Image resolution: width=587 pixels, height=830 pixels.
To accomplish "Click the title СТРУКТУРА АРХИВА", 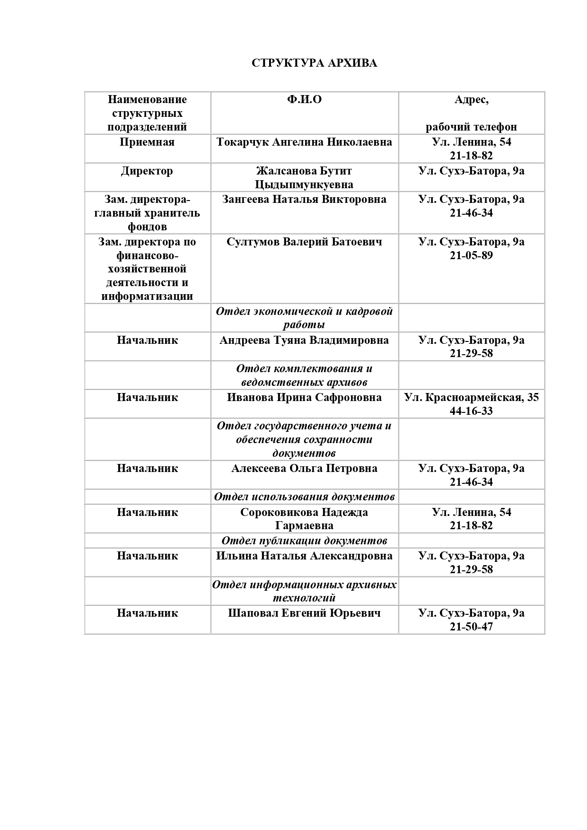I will pyautogui.click(x=314, y=63).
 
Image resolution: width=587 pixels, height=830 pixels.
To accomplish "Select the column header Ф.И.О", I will pyautogui.click(x=304, y=99).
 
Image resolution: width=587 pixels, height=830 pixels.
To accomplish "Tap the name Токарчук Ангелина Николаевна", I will pyautogui.click(x=304, y=142).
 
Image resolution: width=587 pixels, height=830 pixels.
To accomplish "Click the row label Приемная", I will pyautogui.click(x=147, y=142).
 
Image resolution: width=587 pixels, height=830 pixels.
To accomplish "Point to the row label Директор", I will pyautogui.click(x=147, y=171).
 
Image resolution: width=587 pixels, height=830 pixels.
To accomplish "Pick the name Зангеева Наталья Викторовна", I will pyautogui.click(x=304, y=199).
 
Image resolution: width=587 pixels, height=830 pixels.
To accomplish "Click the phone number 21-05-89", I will pyautogui.click(x=471, y=255).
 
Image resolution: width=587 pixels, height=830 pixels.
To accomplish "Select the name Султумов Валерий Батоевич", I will pyautogui.click(x=304, y=242).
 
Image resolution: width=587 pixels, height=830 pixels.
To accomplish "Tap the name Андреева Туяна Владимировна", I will pyautogui.click(x=304, y=340).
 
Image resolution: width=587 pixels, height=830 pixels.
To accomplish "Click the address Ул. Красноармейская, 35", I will pyautogui.click(x=471, y=397).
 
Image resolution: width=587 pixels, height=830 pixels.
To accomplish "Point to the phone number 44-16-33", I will pyautogui.click(x=471, y=411).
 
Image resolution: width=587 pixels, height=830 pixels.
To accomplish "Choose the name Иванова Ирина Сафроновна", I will pyautogui.click(x=304, y=397).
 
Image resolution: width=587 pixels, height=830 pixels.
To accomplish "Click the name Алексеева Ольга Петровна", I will pyautogui.click(x=304, y=468).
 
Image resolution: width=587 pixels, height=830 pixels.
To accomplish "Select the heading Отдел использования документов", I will pyautogui.click(x=304, y=497).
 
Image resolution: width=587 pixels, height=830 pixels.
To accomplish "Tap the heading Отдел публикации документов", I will pyautogui.click(x=304, y=541).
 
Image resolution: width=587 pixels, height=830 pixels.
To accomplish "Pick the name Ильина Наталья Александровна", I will pyautogui.click(x=304, y=556).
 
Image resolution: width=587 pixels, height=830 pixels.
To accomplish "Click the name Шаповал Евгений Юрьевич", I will pyautogui.click(x=304, y=613).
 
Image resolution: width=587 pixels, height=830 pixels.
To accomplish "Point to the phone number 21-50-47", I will pyautogui.click(x=471, y=627).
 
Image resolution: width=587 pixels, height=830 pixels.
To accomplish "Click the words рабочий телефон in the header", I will pyautogui.click(x=471, y=127).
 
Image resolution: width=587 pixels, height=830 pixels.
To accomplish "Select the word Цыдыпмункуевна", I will pyautogui.click(x=304, y=184).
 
